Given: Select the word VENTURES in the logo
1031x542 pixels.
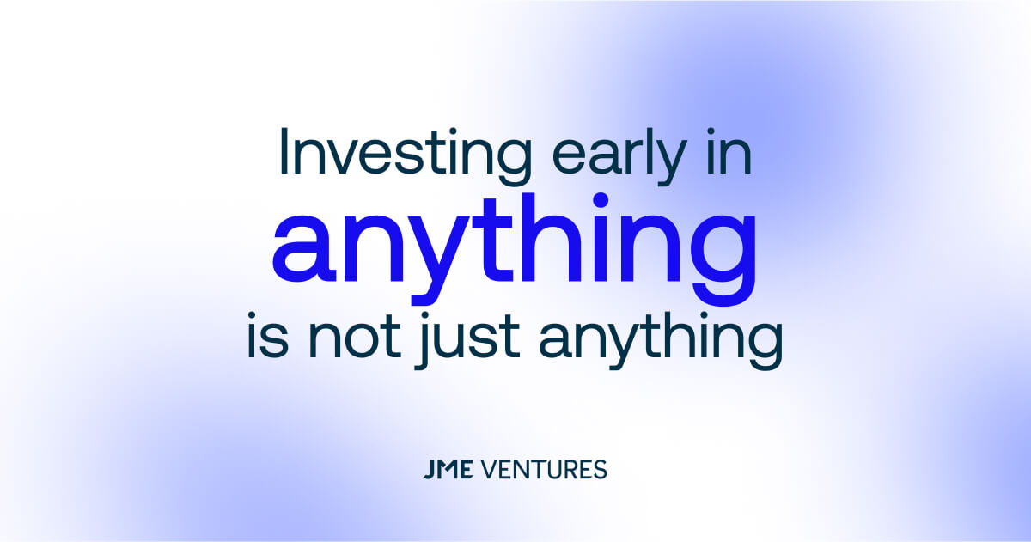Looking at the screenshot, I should tap(543, 470).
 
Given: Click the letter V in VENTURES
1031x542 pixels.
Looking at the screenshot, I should tap(487, 470).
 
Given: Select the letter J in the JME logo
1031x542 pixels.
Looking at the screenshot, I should tap(429, 470).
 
